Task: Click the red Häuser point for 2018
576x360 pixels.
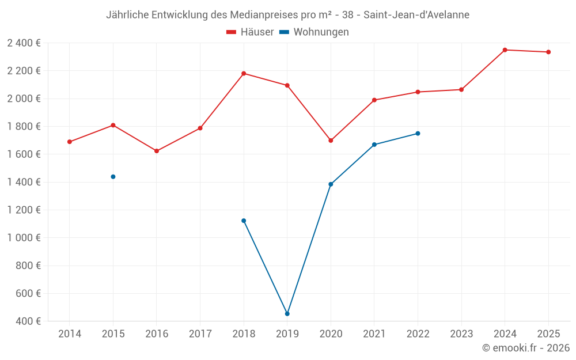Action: click(244, 74)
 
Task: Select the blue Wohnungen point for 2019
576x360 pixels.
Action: click(287, 314)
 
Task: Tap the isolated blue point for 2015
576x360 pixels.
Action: click(113, 177)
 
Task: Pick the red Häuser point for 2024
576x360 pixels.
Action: click(505, 50)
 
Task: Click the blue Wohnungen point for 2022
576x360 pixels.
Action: click(418, 134)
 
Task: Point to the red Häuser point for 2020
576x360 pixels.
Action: click(331, 141)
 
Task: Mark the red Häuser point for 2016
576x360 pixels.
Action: click(157, 151)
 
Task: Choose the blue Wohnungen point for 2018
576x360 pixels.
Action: click(244, 221)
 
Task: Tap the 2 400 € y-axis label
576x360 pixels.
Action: click(24, 43)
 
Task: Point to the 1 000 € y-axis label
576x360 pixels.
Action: click(24, 238)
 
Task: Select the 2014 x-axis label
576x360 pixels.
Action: click(70, 334)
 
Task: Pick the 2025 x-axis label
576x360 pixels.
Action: click(548, 334)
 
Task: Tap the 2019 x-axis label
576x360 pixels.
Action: click(287, 334)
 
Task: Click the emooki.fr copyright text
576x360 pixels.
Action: click(526, 348)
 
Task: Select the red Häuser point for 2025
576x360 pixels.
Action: click(548, 52)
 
